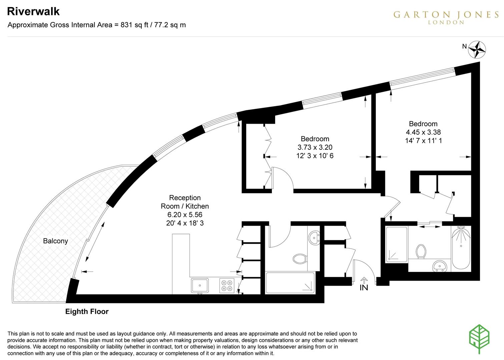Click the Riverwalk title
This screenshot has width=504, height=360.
tap(33, 11)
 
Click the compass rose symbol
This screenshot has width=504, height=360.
tap(477, 49)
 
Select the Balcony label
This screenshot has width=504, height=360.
tap(55, 241)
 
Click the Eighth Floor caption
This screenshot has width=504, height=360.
tap(87, 312)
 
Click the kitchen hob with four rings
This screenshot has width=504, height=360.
tap(227, 286)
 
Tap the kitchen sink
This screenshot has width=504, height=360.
tap(200, 286)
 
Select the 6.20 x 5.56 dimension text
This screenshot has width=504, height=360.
tap(185, 215)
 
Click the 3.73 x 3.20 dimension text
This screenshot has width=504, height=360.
tap(315, 147)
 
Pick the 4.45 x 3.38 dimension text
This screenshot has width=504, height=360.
tap(423, 132)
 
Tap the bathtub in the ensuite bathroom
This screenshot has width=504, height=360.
tap(461, 248)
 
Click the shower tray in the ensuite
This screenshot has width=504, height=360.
tap(396, 244)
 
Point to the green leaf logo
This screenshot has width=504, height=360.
tap(479, 339)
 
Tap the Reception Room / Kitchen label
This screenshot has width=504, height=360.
tap(185, 202)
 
